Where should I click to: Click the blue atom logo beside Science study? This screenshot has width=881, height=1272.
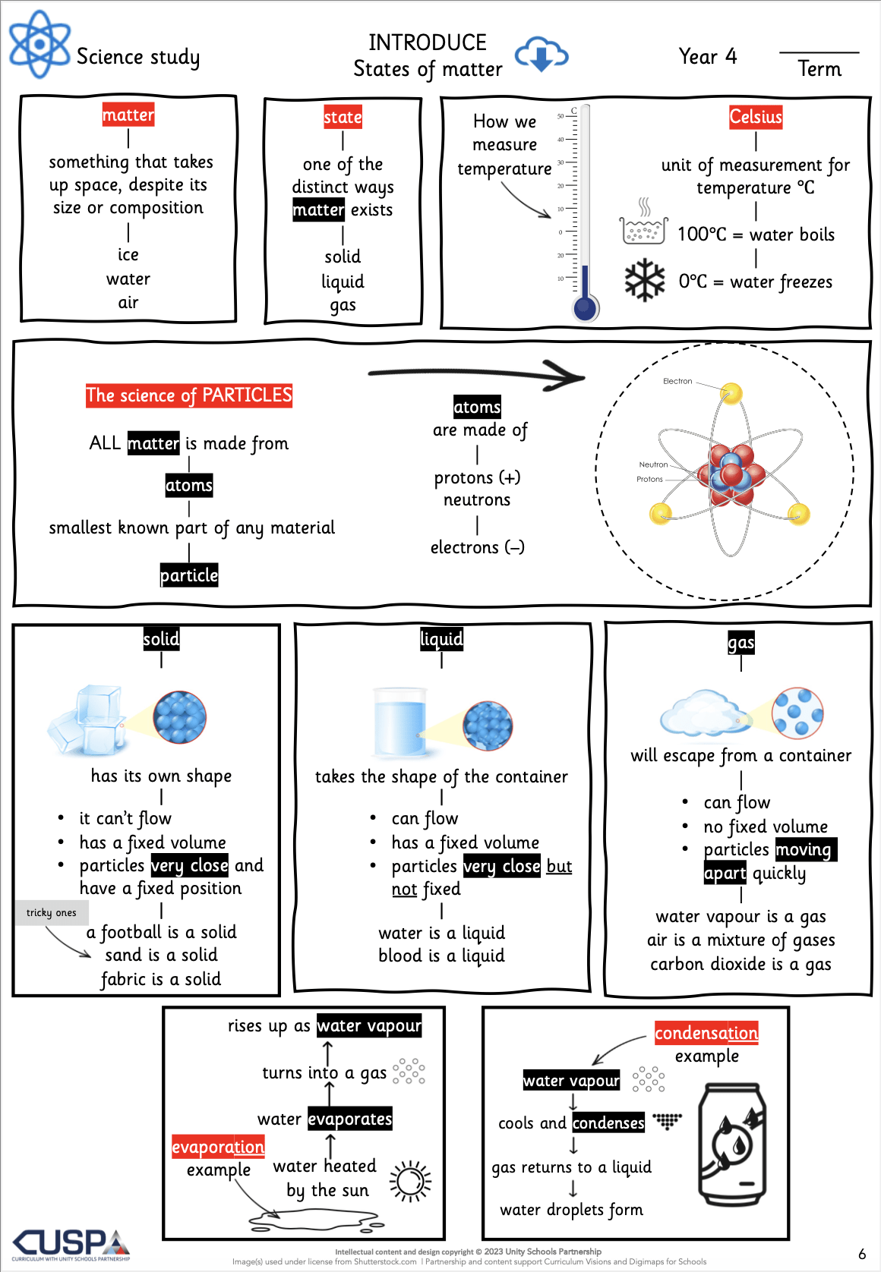[39, 44]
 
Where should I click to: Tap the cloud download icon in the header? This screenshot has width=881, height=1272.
[541, 55]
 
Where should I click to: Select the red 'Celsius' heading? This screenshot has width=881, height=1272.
[756, 117]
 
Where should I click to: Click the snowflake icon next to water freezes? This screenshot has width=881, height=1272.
[645, 281]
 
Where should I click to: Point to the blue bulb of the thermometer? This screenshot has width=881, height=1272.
[585, 308]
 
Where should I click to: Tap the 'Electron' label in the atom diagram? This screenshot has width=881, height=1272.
[677, 381]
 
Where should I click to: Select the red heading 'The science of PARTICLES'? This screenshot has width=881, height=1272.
[188, 395]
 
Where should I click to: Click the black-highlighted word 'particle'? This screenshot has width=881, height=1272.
[188, 575]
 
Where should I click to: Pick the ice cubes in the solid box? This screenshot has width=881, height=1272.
[87, 719]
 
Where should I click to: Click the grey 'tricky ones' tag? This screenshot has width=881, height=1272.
[51, 912]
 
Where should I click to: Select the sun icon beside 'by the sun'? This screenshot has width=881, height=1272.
[410, 1182]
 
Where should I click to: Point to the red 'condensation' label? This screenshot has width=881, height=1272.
[706, 1033]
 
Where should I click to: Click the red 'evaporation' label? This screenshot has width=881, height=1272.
[218, 1147]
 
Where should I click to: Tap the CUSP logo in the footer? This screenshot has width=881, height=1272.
[71, 1244]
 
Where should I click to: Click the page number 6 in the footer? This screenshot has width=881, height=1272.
[862, 1254]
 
